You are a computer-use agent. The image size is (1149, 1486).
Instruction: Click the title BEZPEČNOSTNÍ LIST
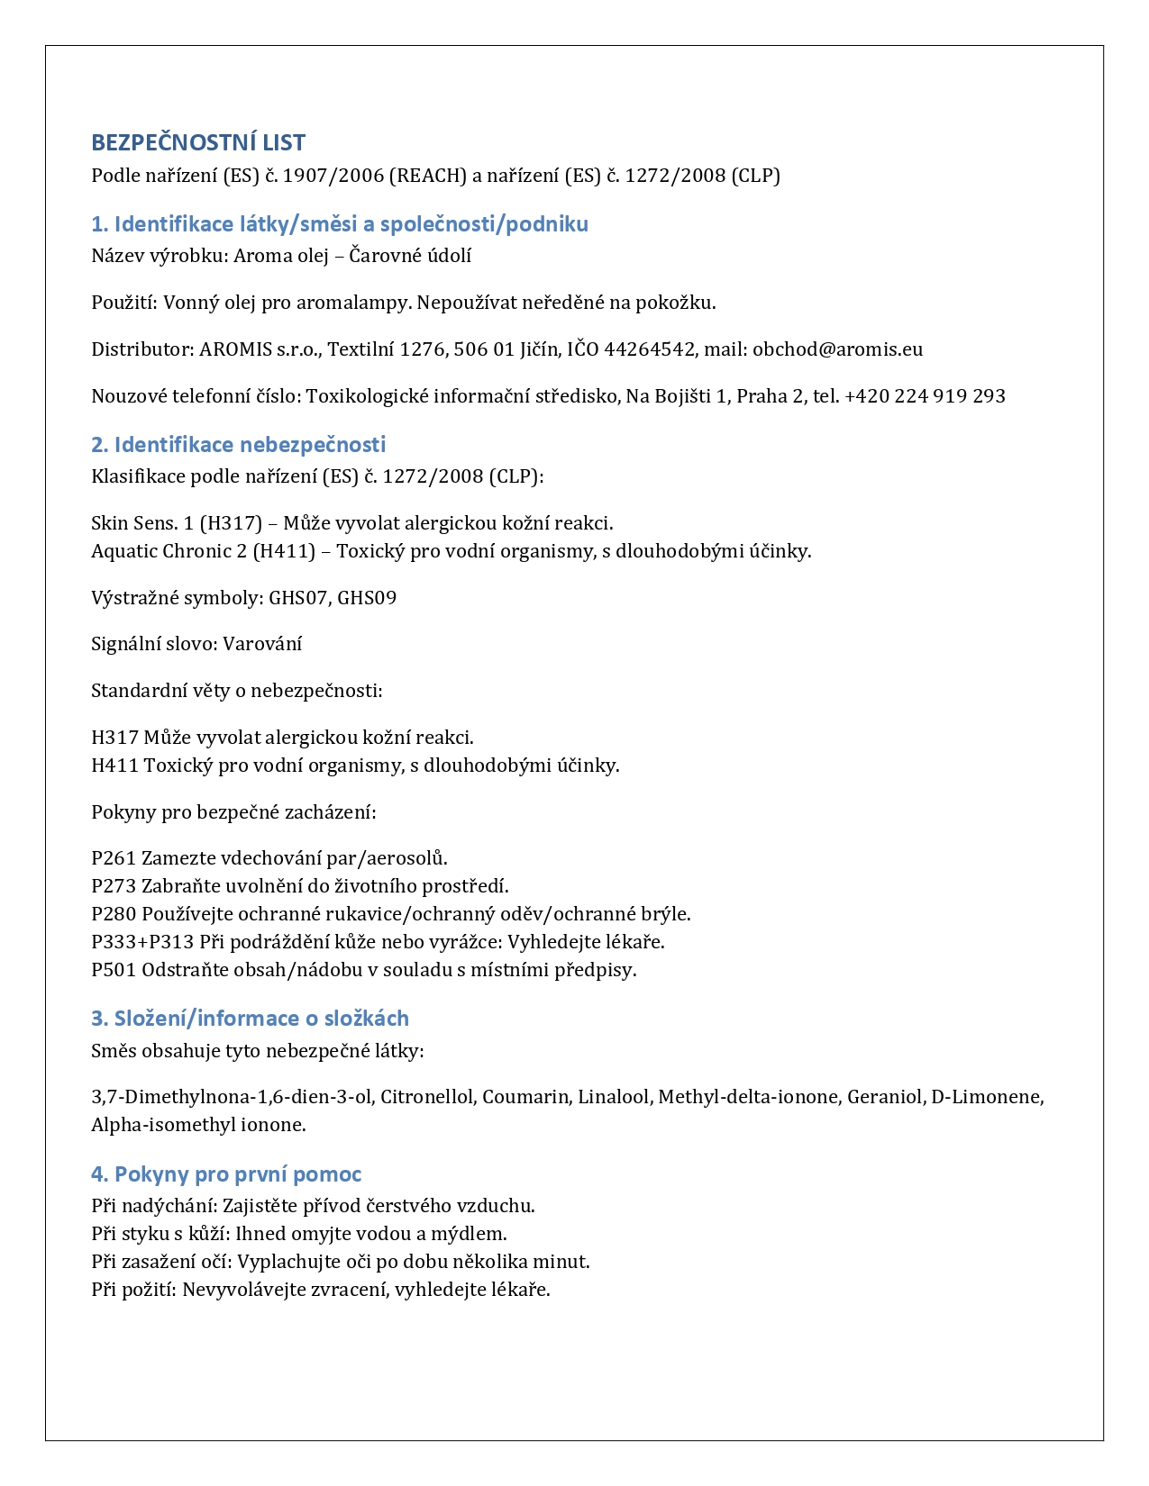click(x=198, y=142)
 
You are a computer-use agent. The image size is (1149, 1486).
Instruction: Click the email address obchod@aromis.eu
click(x=837, y=349)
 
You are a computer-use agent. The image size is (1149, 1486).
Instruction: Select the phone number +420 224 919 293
click(x=925, y=396)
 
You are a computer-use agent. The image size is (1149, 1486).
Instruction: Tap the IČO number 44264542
click(x=649, y=349)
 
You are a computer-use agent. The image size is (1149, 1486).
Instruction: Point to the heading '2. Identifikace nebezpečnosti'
click(x=238, y=444)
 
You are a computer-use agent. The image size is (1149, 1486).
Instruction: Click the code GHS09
click(x=367, y=598)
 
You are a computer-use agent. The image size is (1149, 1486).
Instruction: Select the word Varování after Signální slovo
click(x=262, y=644)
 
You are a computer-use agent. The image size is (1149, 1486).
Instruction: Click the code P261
click(x=114, y=858)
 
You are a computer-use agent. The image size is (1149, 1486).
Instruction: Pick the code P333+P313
click(x=142, y=942)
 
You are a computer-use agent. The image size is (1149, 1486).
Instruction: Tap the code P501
click(x=114, y=970)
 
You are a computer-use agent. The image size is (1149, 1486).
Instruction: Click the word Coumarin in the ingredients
click(x=526, y=1097)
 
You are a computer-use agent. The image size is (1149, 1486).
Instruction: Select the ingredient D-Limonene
click(x=987, y=1097)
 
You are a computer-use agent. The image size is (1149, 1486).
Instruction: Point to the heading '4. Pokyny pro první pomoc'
click(x=226, y=1173)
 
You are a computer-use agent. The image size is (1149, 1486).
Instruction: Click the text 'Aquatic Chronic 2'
click(x=169, y=551)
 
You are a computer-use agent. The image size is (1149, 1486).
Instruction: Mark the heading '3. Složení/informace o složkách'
click(x=250, y=1019)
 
